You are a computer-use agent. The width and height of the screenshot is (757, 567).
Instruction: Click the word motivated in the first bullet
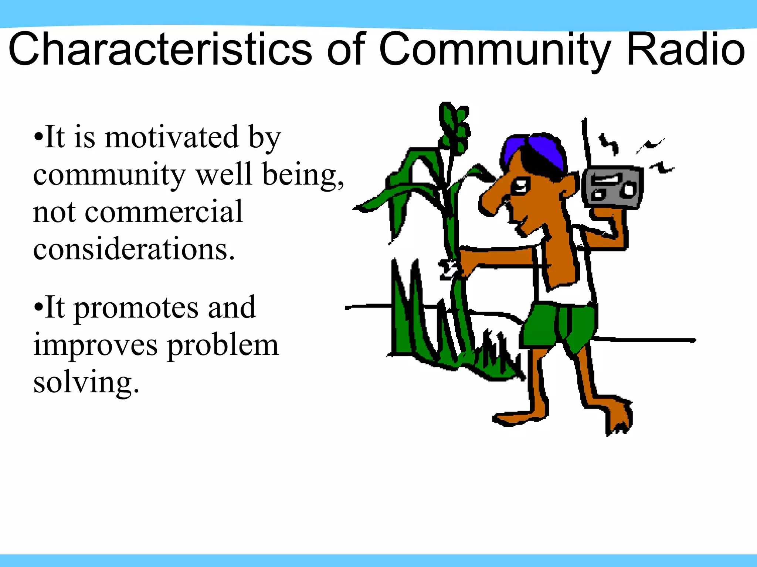click(x=172, y=137)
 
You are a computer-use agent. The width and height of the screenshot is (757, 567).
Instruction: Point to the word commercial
click(x=164, y=212)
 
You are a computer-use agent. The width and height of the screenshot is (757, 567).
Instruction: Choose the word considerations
click(x=134, y=249)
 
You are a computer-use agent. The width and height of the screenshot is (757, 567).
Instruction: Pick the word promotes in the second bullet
click(x=136, y=308)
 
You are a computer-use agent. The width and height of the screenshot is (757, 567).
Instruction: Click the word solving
click(x=86, y=383)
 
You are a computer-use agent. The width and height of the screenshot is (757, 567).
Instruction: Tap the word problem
click(x=223, y=346)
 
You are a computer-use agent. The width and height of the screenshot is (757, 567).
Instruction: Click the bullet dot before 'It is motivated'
click(x=38, y=137)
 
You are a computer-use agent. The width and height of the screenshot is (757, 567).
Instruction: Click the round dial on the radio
click(x=628, y=190)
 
